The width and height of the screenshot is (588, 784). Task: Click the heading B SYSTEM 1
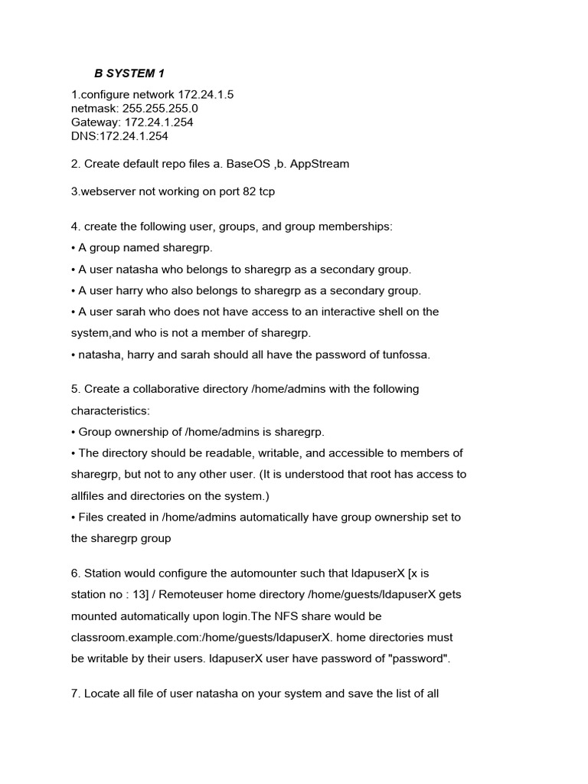(x=129, y=73)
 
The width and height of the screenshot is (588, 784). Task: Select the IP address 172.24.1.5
(x=205, y=95)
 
